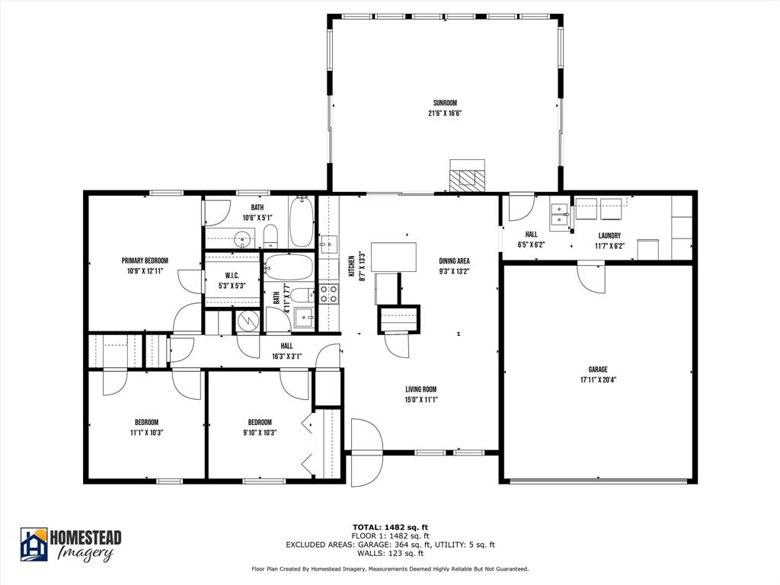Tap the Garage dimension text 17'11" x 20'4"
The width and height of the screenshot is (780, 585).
point(598,379)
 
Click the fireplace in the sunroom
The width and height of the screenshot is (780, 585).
point(467,176)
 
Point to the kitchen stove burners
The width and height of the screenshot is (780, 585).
point(328,293)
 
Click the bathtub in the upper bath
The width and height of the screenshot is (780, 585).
point(302,221)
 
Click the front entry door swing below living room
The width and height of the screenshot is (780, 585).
point(366,450)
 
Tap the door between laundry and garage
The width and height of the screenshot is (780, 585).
point(591,278)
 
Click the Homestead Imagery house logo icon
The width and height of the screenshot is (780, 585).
point(34,544)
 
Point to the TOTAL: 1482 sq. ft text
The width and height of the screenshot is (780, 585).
point(390,527)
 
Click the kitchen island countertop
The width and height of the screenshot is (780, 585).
point(399,257)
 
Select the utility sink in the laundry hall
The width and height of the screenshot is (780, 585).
point(561,213)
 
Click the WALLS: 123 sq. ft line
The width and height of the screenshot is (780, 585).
point(390,553)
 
